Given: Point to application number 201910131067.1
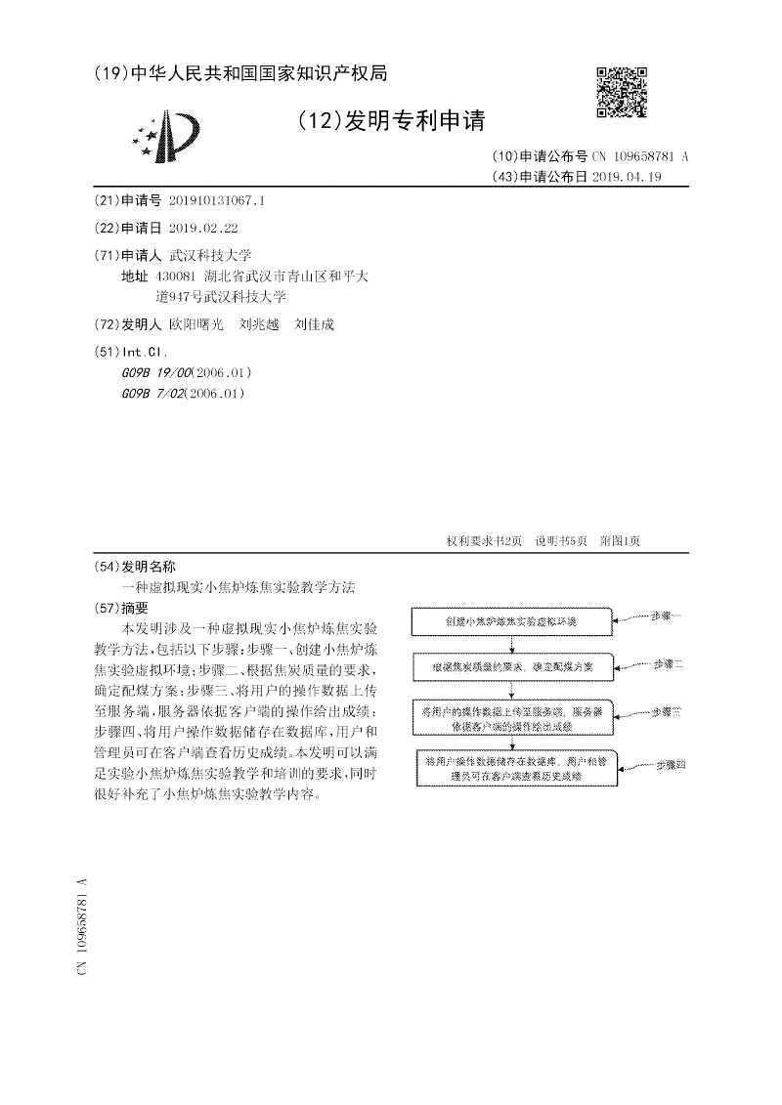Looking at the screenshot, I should point(217,200).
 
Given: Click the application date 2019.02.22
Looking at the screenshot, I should point(203,228).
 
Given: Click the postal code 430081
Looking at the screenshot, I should point(177,276).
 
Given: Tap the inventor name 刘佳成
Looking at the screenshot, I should point(314,324).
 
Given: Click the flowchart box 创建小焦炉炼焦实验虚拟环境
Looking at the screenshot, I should point(510,621).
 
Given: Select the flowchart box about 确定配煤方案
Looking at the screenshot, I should point(510,667).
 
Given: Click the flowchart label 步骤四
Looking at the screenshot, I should point(670,764).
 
